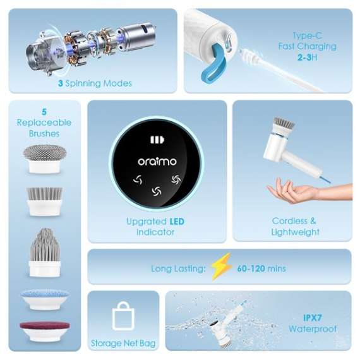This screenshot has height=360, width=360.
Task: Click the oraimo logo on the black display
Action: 157,162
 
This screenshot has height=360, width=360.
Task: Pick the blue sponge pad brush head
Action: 44,298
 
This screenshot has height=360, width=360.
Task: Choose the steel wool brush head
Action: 44,158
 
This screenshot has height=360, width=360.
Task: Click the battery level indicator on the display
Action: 157,140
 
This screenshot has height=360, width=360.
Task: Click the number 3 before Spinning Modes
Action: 60,83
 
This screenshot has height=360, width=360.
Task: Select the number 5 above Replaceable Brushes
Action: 44,111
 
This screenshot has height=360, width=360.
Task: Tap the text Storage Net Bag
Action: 123,344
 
